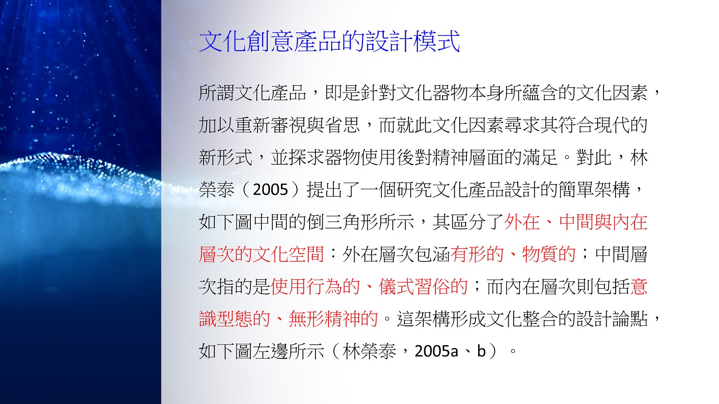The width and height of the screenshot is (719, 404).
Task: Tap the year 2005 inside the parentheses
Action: click(270, 189)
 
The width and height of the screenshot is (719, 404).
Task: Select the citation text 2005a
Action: click(436, 351)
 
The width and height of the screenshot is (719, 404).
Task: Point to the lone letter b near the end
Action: click(481, 351)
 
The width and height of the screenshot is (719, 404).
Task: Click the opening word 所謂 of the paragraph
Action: click(217, 92)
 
